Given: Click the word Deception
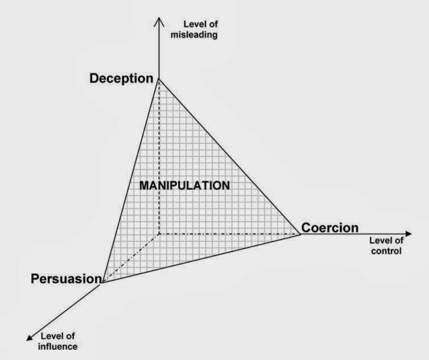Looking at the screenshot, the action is tap(121, 79).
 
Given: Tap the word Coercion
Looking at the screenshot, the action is tap(330, 228).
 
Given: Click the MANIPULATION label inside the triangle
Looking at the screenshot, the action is tap(185, 185).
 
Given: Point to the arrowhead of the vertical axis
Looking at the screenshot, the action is tap(159, 20).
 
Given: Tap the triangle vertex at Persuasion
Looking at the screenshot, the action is tap(102, 283).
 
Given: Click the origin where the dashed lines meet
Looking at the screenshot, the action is tap(159, 234).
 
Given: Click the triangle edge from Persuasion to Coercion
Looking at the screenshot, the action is tap(201, 258).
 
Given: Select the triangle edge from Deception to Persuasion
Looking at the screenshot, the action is tap(130, 180).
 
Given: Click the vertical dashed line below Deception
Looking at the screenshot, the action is tap(159, 156).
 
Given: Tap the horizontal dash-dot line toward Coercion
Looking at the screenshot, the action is tap(228, 234).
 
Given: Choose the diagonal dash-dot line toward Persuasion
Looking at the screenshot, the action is tap(130, 258).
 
